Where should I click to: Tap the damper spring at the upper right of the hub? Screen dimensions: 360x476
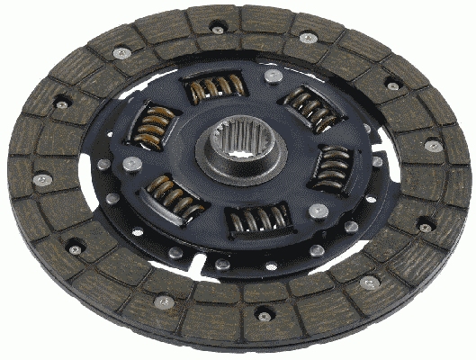click(x=311, y=109)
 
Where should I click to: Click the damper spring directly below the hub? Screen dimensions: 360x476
click(x=257, y=219)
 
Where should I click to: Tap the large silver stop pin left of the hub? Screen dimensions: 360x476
click(x=132, y=163)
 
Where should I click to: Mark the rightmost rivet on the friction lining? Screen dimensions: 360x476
click(x=434, y=146)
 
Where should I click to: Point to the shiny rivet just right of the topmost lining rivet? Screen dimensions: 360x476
click(x=308, y=39)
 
